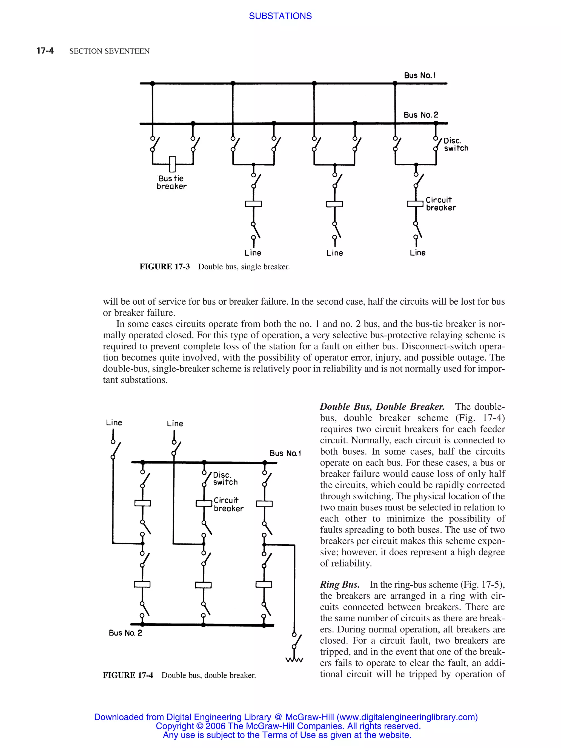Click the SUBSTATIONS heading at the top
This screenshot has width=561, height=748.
280,16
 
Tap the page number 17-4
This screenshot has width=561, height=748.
45,51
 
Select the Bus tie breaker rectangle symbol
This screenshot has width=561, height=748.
172,164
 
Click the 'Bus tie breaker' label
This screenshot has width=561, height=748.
171,182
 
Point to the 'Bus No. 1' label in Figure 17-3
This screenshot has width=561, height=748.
420,75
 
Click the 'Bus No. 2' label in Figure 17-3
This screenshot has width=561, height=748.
420,115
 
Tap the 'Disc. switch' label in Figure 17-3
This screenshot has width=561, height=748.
456,144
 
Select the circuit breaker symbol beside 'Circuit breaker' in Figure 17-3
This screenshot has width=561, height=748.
415,203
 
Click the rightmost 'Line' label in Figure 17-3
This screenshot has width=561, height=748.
417,253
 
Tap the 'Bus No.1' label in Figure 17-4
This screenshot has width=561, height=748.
285,454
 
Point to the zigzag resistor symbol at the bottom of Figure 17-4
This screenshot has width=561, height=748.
294,660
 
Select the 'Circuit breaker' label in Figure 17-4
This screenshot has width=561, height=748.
228,505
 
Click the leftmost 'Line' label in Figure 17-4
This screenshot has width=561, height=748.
114,423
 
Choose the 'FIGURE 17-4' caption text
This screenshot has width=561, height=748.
128,675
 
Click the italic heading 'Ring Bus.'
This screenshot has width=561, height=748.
339,585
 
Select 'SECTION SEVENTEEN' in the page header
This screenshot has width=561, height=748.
109,51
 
